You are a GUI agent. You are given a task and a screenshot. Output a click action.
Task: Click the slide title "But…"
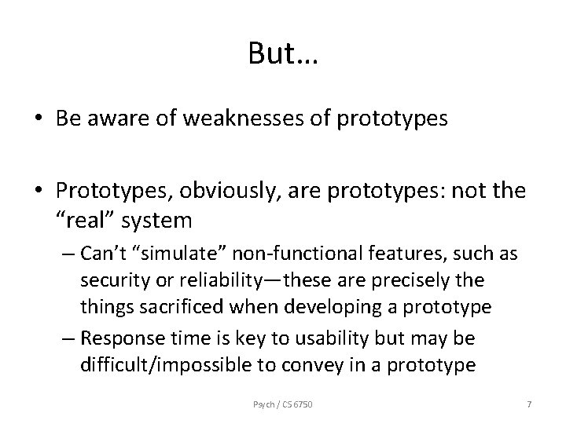point(281,53)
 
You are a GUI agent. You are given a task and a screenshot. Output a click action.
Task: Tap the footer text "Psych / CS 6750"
point(282,404)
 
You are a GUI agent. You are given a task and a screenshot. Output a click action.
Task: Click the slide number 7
point(528,404)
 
